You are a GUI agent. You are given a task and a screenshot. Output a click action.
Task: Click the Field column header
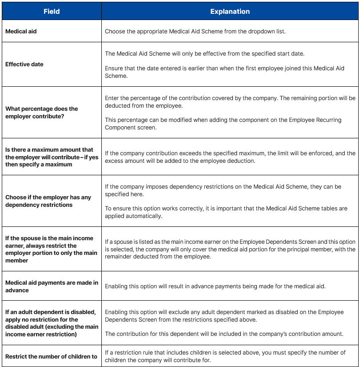coord(52,12)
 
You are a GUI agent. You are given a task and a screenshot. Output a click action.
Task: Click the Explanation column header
coord(230,12)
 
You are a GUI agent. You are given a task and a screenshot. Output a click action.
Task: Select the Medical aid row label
coord(21,31)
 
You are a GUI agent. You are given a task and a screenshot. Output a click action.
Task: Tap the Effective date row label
coord(24,64)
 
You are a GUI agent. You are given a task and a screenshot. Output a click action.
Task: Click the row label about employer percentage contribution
coord(42,112)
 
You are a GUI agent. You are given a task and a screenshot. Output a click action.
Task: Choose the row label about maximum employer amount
coord(52,157)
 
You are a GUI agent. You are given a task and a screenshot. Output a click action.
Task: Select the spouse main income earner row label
coord(51,249)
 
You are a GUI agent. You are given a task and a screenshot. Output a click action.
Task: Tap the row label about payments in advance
coord(52,286)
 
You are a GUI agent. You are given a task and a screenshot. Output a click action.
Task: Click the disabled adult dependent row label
coord(52,323)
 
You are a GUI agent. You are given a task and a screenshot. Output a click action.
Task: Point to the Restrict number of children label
coord(51,356)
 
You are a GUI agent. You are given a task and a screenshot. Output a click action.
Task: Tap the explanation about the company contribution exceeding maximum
coord(230,157)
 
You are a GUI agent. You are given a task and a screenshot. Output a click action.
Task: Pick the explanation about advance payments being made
coord(215,286)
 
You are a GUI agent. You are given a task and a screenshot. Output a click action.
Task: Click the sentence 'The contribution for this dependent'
coord(224,334)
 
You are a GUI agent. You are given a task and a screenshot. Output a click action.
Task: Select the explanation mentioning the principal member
coord(230,249)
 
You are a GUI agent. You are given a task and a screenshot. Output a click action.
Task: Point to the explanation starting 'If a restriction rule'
coord(225,356)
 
